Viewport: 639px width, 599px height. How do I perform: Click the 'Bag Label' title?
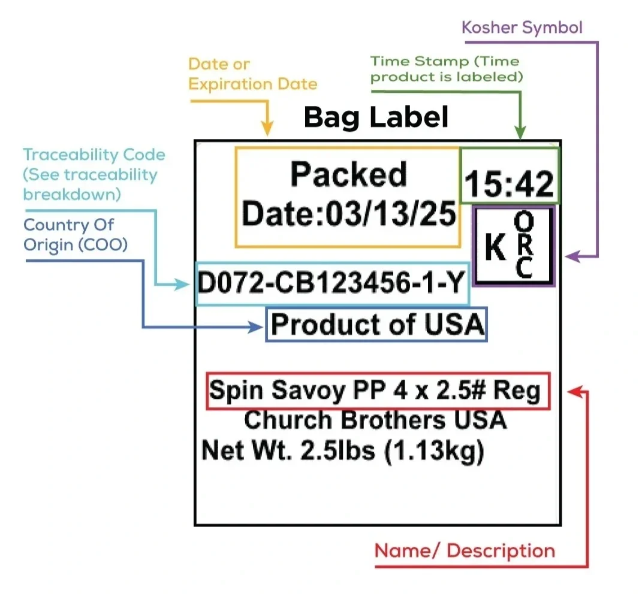376,117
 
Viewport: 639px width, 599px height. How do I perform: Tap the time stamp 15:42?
510,183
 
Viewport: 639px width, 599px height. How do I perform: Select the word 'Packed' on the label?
348,175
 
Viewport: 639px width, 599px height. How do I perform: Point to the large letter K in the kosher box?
495,248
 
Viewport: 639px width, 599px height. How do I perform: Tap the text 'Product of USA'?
376,325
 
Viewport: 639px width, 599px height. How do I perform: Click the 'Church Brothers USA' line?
375,420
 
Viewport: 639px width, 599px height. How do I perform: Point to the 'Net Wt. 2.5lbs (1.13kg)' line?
342,450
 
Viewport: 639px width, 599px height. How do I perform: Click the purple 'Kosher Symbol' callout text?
522,28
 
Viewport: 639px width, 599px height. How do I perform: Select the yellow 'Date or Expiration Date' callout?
252,74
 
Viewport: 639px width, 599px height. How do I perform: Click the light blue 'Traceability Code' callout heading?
94,155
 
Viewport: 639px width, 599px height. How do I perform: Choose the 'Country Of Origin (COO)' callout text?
75,235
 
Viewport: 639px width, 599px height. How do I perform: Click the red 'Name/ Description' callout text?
465,550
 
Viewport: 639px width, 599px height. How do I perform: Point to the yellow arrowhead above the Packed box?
267,128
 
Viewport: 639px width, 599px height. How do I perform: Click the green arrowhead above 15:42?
520,133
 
